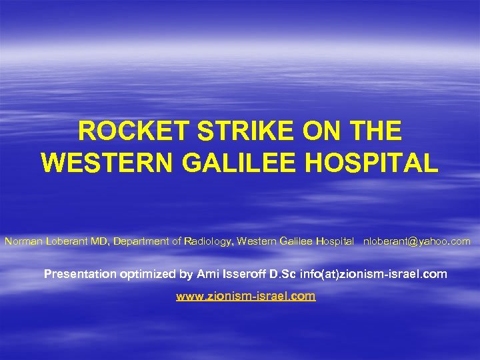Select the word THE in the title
point(373,131)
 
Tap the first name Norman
point(22,241)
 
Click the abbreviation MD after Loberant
point(101,241)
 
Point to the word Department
point(142,241)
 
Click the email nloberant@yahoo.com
point(417,241)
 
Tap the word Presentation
point(80,274)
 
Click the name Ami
point(206,274)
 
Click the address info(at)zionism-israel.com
point(373,274)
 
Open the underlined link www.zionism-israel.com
point(245,296)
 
